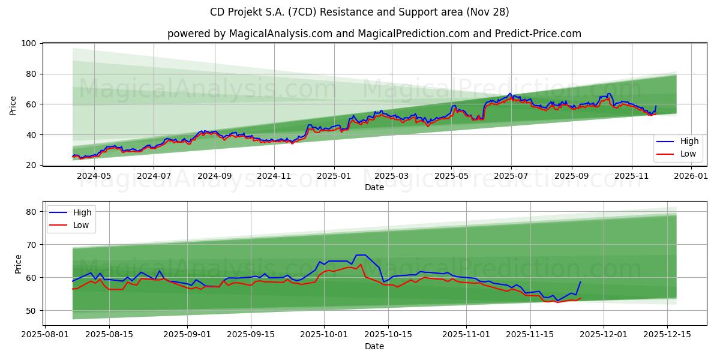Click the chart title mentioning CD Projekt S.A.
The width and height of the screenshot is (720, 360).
(x=359, y=12)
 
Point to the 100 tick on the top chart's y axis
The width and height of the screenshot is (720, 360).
(x=29, y=44)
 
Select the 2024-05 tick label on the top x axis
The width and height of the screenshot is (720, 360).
(x=95, y=176)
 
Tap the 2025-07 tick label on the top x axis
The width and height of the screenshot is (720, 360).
(x=511, y=176)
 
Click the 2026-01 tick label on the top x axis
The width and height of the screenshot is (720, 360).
(x=692, y=176)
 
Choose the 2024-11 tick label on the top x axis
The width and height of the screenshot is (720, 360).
(x=274, y=176)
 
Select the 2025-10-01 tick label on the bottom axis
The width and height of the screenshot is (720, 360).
(x=324, y=335)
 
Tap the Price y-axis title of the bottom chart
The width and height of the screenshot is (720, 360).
(x=17, y=264)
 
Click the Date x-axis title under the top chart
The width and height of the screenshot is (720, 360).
(x=374, y=188)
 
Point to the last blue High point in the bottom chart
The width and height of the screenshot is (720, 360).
(x=580, y=281)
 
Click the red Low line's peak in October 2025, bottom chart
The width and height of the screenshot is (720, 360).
(x=361, y=264)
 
